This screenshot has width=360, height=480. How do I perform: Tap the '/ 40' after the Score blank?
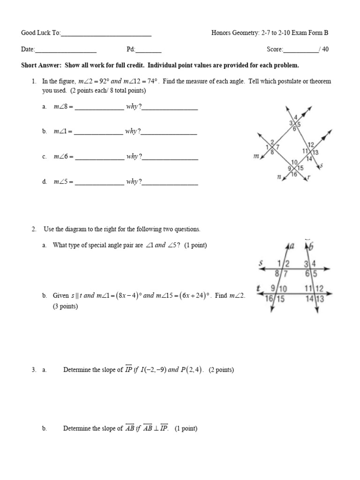tap(324, 49)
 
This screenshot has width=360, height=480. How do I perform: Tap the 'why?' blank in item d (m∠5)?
tap(170, 183)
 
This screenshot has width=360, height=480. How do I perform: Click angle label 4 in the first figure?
tap(295, 117)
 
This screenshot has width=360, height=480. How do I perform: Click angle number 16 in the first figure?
tap(294, 174)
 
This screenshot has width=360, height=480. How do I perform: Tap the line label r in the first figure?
tap(308, 178)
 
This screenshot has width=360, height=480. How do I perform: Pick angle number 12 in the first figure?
tap(310, 144)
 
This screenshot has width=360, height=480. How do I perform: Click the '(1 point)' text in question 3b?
tap(186, 428)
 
